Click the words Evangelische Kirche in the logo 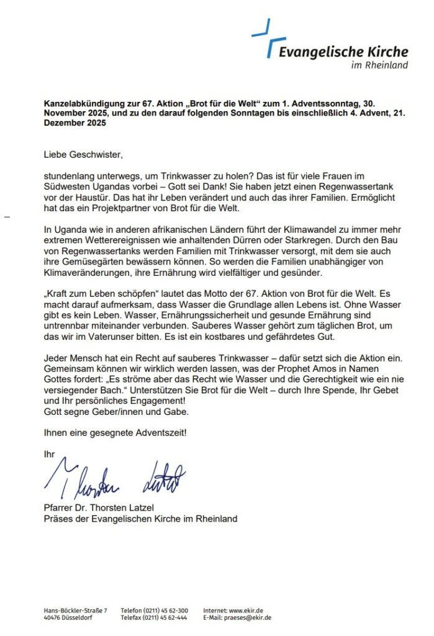tap(343, 52)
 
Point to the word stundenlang tap(70, 176)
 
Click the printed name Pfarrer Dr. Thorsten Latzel tap(101, 509)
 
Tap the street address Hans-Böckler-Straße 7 tap(75, 611)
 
